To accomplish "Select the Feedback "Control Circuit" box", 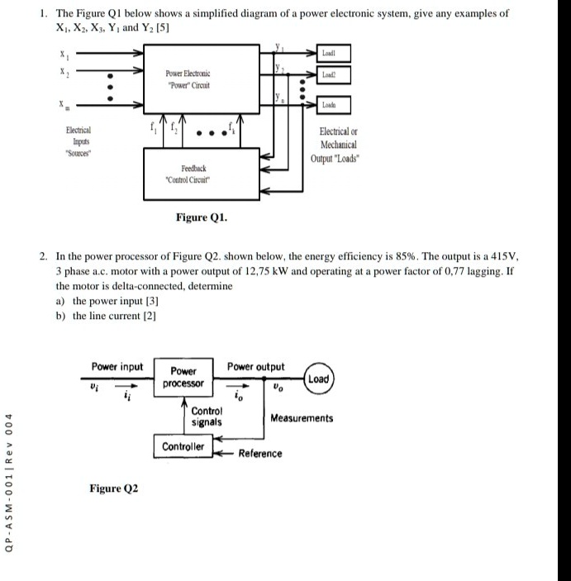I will [x=190, y=173].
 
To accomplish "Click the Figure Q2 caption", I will [x=114, y=488].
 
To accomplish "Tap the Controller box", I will [x=183, y=447].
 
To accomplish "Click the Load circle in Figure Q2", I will [x=318, y=379].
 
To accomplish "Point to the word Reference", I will [x=260, y=454].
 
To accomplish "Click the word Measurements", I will [x=302, y=418].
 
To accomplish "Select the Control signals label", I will [x=206, y=417].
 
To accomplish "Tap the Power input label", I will [x=117, y=367].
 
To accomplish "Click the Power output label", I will [x=255, y=367].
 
